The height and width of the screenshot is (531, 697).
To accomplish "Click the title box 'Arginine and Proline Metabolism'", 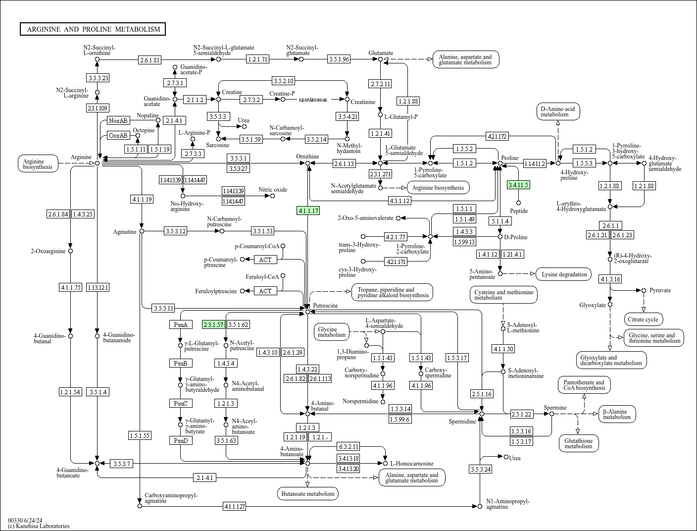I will point(93,29).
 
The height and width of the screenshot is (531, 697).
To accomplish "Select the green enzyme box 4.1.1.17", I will point(308,211).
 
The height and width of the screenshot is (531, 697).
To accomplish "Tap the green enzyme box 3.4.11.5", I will point(518,185).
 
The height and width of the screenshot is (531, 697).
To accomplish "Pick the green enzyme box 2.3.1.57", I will point(213,324).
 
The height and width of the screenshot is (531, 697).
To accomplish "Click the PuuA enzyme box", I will point(180,324).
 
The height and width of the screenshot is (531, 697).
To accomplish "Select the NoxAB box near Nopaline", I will point(118,120).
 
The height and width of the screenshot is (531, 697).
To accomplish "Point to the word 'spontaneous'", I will point(312,100).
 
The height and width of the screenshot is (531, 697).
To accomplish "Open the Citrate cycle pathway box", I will point(644,319).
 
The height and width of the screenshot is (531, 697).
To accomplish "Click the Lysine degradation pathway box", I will point(564,274).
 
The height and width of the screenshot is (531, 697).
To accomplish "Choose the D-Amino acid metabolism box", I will point(557,111).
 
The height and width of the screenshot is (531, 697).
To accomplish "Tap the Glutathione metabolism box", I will point(578,443).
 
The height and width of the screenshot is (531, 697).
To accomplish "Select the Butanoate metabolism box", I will point(308,493).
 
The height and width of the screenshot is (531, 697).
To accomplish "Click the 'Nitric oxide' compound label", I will point(273,190).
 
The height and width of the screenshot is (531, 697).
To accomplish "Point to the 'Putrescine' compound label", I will point(325,306).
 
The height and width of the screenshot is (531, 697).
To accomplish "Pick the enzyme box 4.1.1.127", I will point(235,506).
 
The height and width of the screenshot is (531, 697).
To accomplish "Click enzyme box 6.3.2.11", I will point(348,446).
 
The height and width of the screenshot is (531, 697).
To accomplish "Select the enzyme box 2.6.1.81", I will point(150,60).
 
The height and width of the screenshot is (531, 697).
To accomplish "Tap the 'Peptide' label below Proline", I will point(519,211).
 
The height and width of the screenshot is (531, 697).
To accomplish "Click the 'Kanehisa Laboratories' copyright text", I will point(39,526).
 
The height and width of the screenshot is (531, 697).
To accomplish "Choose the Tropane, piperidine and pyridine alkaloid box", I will point(392,292).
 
